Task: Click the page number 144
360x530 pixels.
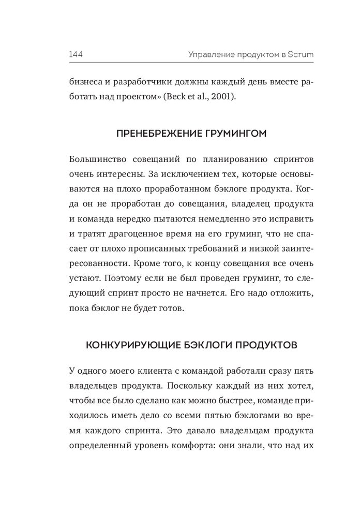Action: pyautogui.click(x=77, y=54)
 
